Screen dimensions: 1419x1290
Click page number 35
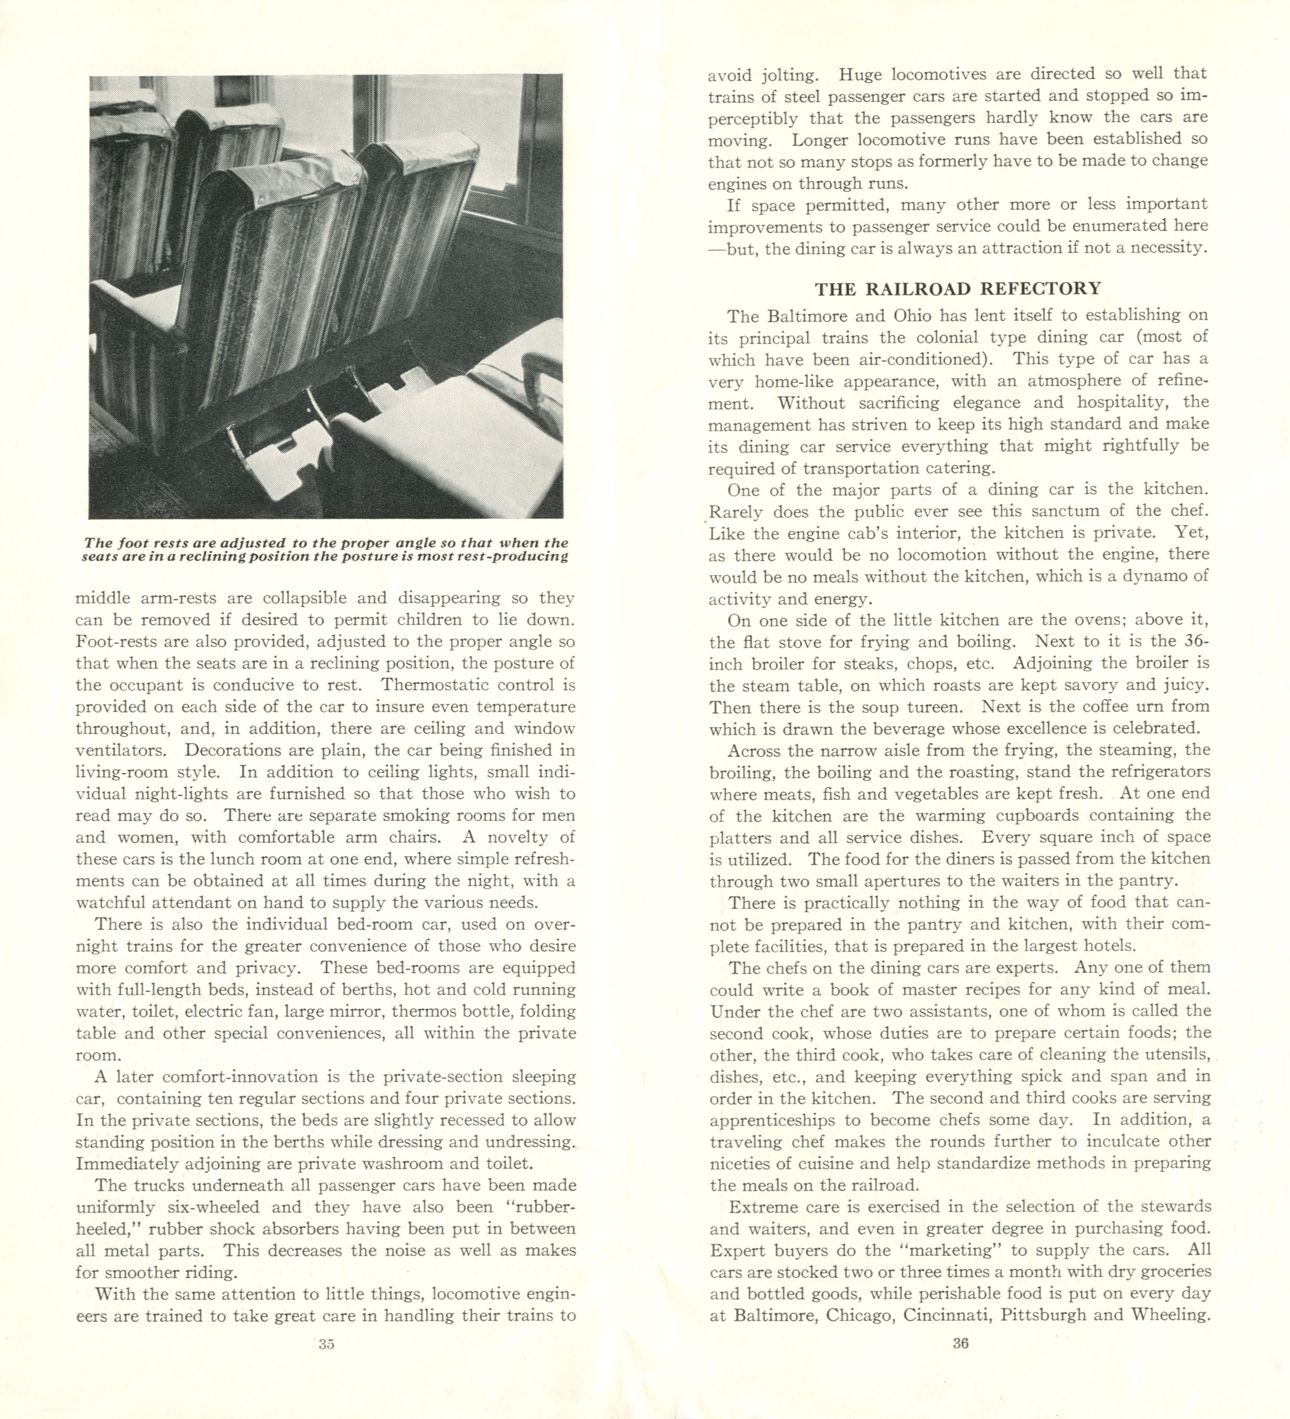point(326,1343)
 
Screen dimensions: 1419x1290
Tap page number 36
point(961,1343)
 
